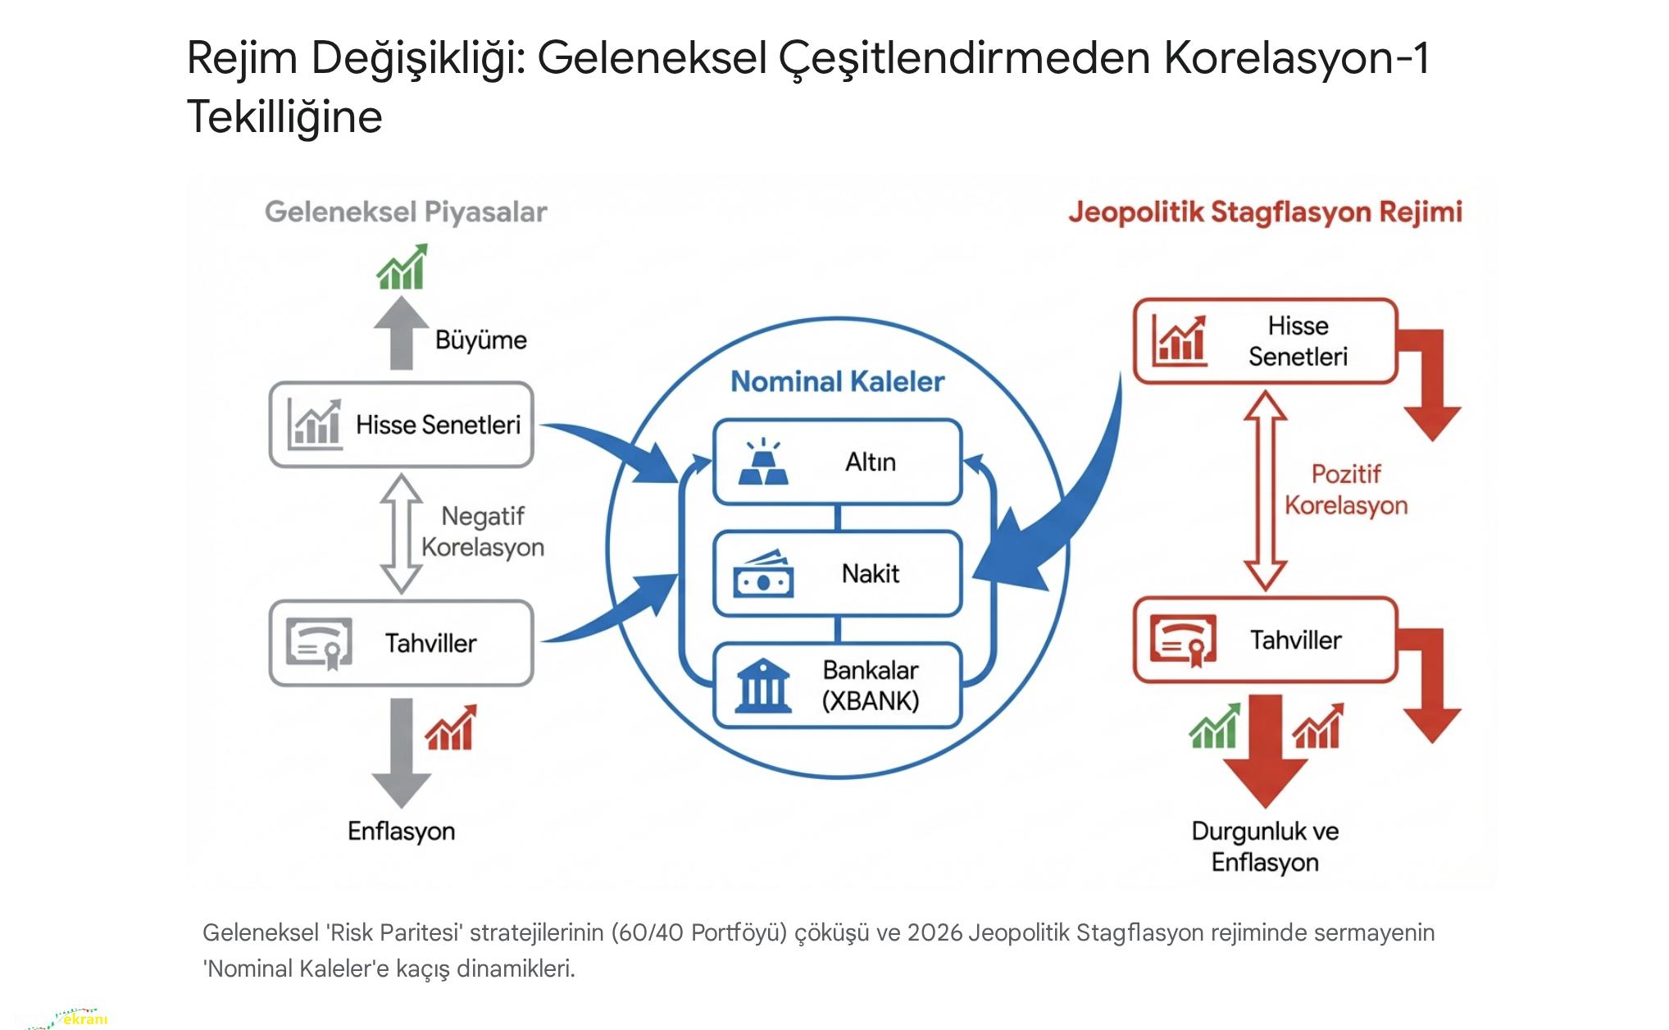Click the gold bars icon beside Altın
763,463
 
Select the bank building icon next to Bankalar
763,686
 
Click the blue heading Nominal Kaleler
837,381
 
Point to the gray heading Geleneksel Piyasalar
406,212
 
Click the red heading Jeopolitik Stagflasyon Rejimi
1265,212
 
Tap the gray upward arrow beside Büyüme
401,332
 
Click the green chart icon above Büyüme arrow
402,267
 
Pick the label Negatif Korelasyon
483,531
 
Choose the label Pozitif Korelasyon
1346,490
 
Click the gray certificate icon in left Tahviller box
320,644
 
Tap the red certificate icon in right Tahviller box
1183,640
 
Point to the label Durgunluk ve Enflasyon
1265,846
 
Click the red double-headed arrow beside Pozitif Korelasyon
1265,490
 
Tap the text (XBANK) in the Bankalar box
871,701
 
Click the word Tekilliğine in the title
284,116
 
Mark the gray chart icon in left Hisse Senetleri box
315,424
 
